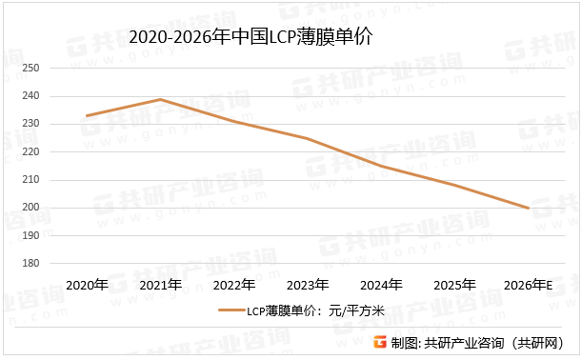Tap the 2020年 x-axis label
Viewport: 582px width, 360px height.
click(x=87, y=285)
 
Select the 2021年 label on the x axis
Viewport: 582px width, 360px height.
click(x=160, y=285)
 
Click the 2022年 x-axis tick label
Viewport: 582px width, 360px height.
click(x=233, y=285)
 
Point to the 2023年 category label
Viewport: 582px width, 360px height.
click(x=308, y=285)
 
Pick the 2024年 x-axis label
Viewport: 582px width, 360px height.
click(x=381, y=285)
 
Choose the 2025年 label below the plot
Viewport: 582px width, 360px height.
click(x=454, y=285)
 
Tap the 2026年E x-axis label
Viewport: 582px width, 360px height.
click(x=529, y=285)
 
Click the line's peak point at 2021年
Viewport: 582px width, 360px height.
click(x=160, y=99)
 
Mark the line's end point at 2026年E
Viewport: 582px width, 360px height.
click(x=529, y=208)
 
